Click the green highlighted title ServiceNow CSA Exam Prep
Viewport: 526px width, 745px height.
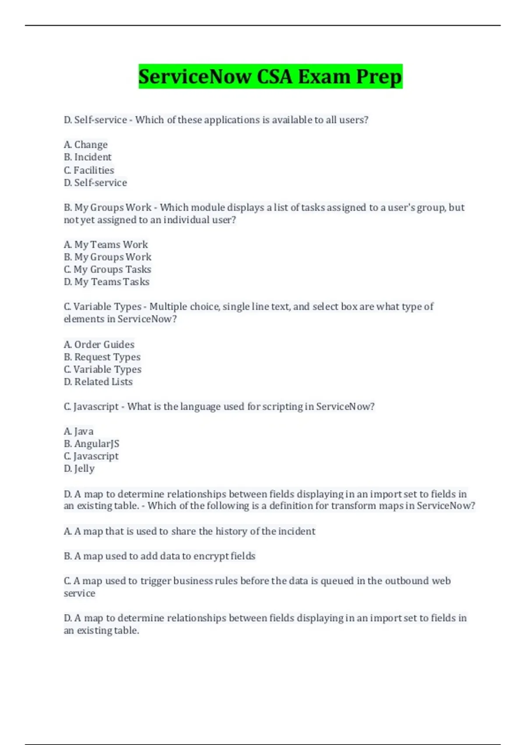(270, 77)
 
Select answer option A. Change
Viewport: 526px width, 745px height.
(86, 145)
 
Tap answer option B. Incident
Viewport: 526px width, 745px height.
(88, 157)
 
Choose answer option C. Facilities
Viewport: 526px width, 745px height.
(89, 170)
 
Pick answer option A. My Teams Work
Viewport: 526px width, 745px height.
(106, 245)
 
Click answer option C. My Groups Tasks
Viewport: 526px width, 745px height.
(107, 269)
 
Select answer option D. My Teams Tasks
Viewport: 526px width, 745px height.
(107, 282)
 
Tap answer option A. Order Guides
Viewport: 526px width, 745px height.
(99, 344)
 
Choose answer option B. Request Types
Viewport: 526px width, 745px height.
(102, 357)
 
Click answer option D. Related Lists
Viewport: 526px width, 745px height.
(98, 382)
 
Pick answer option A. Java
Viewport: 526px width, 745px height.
(79, 431)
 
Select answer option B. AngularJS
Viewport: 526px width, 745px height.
(92, 443)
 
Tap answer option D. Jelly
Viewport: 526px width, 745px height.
(79, 468)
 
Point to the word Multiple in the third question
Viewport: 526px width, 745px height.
(168, 307)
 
